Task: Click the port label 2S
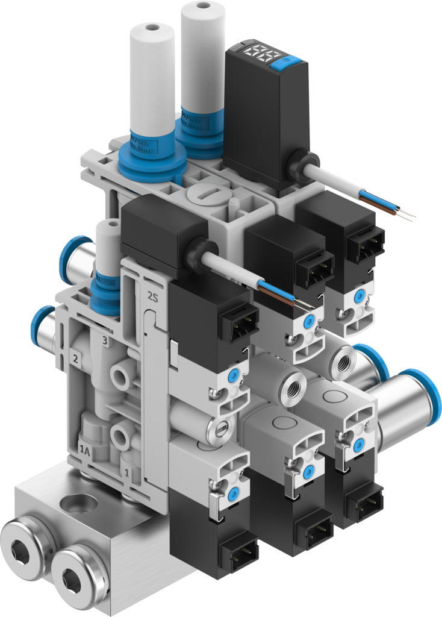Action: point(152,296)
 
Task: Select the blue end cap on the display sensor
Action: point(297,60)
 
